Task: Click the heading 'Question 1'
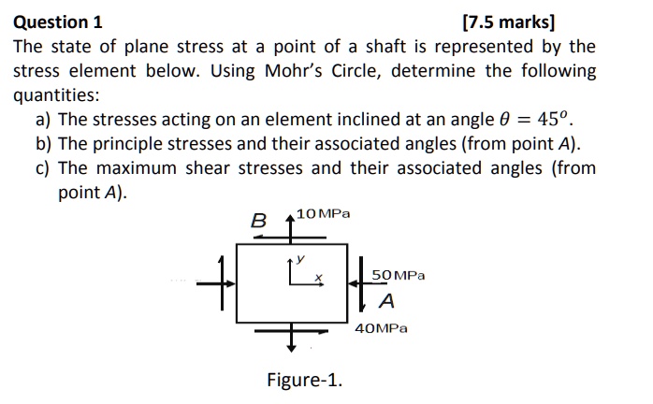pyautogui.click(x=57, y=22)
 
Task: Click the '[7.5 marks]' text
pyautogui.click(x=509, y=22)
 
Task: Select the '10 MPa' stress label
pyautogui.click(x=323, y=214)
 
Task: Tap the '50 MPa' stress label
pyautogui.click(x=399, y=275)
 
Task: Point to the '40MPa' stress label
pyautogui.click(x=381, y=328)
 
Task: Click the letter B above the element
pyautogui.click(x=258, y=221)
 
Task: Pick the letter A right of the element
pyautogui.click(x=387, y=301)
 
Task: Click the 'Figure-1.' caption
pyautogui.click(x=304, y=380)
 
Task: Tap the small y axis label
pyautogui.click(x=300, y=259)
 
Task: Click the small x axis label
pyautogui.click(x=319, y=277)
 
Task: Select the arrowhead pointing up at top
pyautogui.click(x=291, y=218)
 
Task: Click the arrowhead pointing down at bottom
pyautogui.click(x=292, y=347)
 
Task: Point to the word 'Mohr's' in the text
pyautogui.click(x=294, y=71)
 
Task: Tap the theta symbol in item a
pyautogui.click(x=504, y=120)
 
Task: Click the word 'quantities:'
pyautogui.click(x=57, y=95)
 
